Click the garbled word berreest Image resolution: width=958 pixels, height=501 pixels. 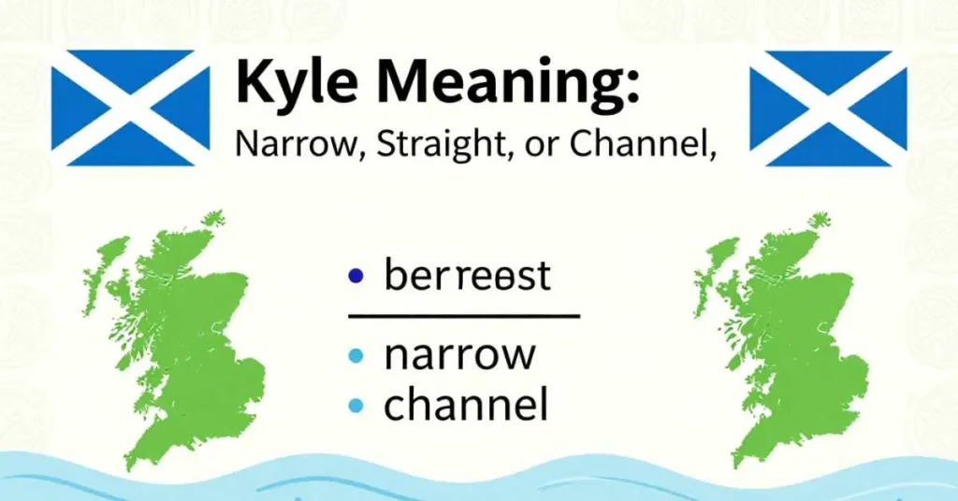tap(467, 277)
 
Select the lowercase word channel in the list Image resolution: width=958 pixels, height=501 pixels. tap(466, 406)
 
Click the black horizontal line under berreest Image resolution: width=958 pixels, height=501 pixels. tap(463, 316)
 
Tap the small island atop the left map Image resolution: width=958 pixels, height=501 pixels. tap(213, 219)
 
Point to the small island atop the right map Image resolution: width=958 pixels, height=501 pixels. tap(820, 221)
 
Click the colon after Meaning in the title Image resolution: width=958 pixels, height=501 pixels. tap(632, 86)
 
